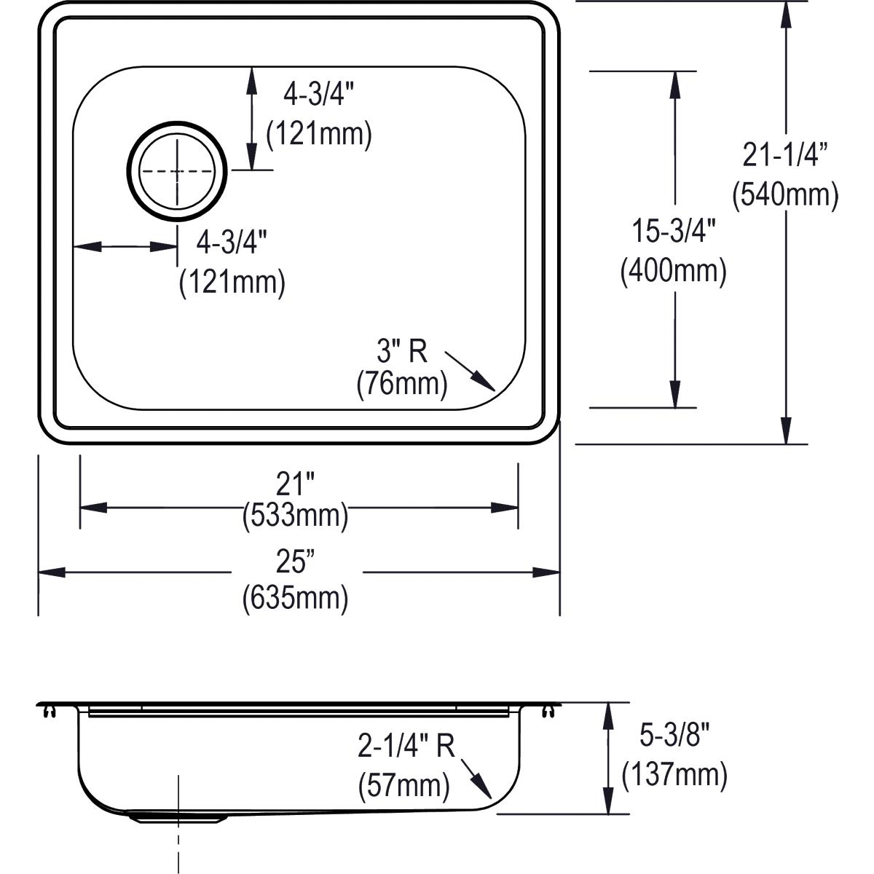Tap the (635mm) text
coord(295,598)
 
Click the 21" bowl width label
coord(295,483)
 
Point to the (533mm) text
coord(295,516)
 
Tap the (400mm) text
coord(674,271)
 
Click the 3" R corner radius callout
coord(401,352)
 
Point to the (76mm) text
coord(401,384)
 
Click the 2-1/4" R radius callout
coord(406,746)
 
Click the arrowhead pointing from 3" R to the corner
coord(484,381)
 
